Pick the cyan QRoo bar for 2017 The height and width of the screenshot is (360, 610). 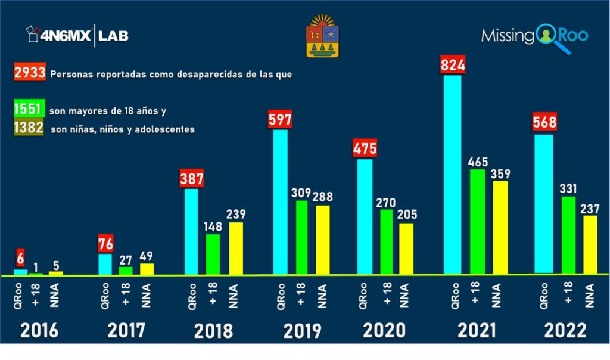pos(105,264)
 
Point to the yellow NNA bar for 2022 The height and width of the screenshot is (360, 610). pos(590,244)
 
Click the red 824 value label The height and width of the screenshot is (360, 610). pos(453,64)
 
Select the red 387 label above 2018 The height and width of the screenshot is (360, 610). pos(192,178)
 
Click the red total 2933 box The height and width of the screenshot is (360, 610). pos(30,74)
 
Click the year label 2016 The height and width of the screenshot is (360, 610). pos(39,330)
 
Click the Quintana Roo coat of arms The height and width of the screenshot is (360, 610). pos(322,37)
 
